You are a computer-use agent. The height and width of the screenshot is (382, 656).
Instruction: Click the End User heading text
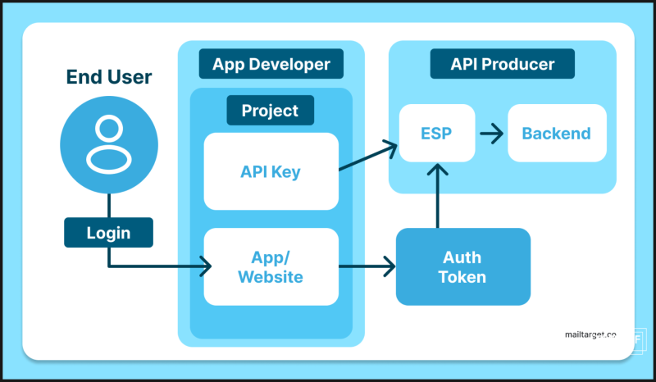(x=109, y=77)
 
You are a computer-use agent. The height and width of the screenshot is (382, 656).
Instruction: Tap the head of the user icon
(x=109, y=128)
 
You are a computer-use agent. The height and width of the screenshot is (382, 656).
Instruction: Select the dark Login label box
(x=108, y=232)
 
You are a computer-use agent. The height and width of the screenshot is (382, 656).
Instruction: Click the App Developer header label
(x=271, y=64)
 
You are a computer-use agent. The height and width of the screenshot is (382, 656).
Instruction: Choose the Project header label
(x=271, y=110)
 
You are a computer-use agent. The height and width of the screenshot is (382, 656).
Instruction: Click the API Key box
(x=271, y=171)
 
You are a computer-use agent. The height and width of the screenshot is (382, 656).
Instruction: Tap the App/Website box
(x=271, y=266)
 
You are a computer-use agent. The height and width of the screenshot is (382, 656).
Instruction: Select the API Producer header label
(x=503, y=64)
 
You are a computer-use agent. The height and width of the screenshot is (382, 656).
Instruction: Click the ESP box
(x=437, y=133)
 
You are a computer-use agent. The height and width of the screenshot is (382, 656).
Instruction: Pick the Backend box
(x=557, y=133)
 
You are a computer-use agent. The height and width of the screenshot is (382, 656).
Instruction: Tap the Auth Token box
(x=463, y=266)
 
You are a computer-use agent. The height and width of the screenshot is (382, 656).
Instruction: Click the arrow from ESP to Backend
(x=491, y=134)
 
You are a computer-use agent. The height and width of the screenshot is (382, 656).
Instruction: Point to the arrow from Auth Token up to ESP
(x=438, y=196)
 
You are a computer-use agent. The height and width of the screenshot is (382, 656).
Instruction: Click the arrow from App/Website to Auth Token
(x=367, y=266)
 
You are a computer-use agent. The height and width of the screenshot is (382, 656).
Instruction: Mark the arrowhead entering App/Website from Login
(x=206, y=266)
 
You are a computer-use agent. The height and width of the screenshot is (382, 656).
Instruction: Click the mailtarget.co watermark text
(x=590, y=334)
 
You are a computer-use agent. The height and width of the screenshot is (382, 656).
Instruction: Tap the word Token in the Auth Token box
(x=462, y=277)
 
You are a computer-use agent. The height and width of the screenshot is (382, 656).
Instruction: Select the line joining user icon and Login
(x=109, y=206)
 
